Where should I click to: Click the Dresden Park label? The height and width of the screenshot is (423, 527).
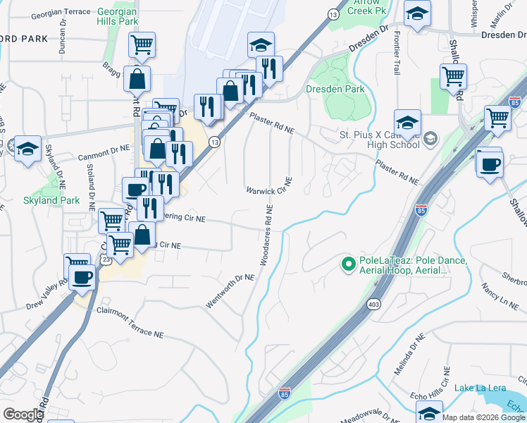335,90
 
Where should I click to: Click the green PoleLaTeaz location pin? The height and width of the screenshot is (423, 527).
347,264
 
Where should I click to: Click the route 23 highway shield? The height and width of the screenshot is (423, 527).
104,259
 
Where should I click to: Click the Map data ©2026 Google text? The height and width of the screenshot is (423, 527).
483,417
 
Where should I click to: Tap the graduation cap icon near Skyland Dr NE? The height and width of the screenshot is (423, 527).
27,148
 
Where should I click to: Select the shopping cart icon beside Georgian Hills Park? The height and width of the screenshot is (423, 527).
142,46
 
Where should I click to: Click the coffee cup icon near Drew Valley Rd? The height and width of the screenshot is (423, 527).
82,277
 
